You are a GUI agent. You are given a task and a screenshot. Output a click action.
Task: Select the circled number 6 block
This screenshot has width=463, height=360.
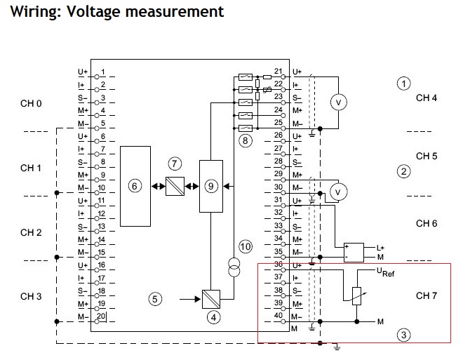[x=135, y=186]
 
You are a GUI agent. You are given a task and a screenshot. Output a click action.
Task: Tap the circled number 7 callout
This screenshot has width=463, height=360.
[x=175, y=163]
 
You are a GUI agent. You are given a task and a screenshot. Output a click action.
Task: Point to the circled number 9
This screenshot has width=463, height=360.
[x=210, y=186]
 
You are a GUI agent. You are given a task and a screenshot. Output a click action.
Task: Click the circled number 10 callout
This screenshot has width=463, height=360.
[x=245, y=246]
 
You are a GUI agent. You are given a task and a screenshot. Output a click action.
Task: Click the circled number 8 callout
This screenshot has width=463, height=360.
[x=245, y=140]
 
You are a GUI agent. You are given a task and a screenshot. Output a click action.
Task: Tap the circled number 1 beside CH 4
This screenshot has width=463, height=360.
[x=403, y=84]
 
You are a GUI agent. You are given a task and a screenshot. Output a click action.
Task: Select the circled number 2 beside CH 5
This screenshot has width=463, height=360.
[x=403, y=171]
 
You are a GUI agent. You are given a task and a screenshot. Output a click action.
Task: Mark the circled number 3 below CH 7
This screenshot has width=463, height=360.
[x=403, y=335]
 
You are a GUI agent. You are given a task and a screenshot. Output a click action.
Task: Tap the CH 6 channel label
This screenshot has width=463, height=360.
[x=427, y=223]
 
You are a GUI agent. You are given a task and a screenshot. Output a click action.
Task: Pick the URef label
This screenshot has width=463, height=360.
[x=386, y=273]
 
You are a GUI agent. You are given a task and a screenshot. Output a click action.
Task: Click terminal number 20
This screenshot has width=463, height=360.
[x=102, y=316]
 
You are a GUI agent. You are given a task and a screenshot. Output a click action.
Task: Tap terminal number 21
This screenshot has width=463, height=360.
[x=279, y=72]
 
